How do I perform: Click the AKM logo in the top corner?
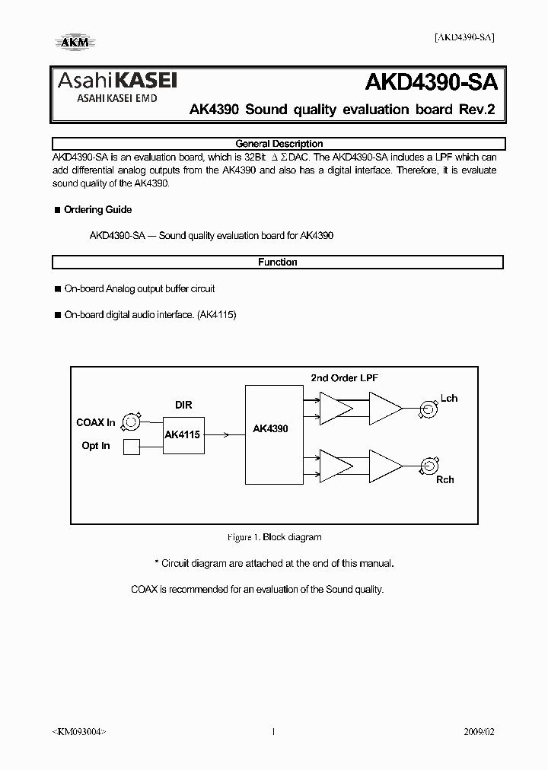pyautogui.click(x=72, y=42)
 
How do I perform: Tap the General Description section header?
pyautogui.click(x=278, y=144)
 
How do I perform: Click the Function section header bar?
pyautogui.click(x=278, y=262)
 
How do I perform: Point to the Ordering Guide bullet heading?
pyautogui.click(x=97, y=210)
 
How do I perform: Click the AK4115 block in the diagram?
pyautogui.click(x=183, y=435)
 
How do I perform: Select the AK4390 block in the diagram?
pyautogui.click(x=271, y=429)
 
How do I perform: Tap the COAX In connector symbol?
pyautogui.click(x=132, y=422)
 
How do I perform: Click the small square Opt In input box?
pyautogui.click(x=132, y=447)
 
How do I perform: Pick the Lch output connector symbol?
pyautogui.click(x=428, y=409)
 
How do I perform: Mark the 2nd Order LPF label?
pyautogui.click(x=345, y=378)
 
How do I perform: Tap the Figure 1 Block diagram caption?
pyautogui.click(x=274, y=537)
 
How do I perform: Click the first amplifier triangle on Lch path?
pyautogui.click(x=335, y=409)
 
